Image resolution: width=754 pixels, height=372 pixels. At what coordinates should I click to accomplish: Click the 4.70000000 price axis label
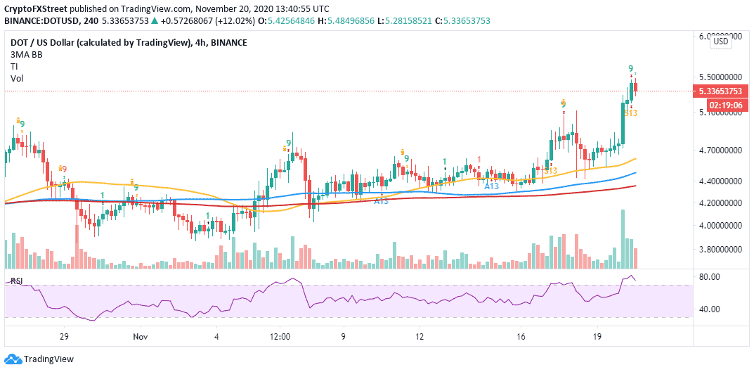click(x=720, y=150)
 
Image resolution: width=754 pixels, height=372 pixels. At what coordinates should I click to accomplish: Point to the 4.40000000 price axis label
click(x=720, y=181)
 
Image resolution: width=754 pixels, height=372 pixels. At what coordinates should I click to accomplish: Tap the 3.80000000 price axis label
click(x=720, y=250)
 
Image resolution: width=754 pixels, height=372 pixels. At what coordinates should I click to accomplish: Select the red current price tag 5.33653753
click(x=720, y=91)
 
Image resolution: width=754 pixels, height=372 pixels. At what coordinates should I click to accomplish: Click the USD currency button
click(x=720, y=41)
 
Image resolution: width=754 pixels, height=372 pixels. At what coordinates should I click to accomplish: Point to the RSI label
click(x=16, y=281)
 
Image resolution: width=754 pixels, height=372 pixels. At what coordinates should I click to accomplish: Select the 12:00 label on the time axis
click(x=280, y=338)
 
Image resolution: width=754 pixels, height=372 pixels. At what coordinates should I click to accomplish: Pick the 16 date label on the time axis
click(x=521, y=338)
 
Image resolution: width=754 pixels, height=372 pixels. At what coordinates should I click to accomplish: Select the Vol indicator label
click(x=16, y=78)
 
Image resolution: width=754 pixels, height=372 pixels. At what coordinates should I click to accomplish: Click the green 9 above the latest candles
click(x=631, y=68)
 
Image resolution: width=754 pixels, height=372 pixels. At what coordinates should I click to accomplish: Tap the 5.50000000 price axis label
click(x=720, y=77)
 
